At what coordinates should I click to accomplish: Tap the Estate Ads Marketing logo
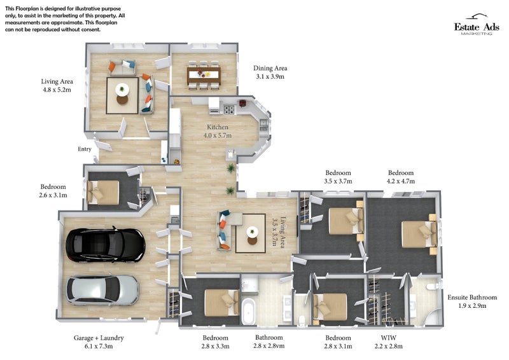(x=473, y=26)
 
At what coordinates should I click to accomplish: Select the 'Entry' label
(x=85, y=149)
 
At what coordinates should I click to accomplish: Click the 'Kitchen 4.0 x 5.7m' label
(x=216, y=131)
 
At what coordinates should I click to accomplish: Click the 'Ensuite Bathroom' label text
(x=471, y=297)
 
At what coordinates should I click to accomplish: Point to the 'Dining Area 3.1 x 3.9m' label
(x=270, y=72)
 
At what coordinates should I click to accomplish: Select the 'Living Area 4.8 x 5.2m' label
(x=57, y=86)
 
